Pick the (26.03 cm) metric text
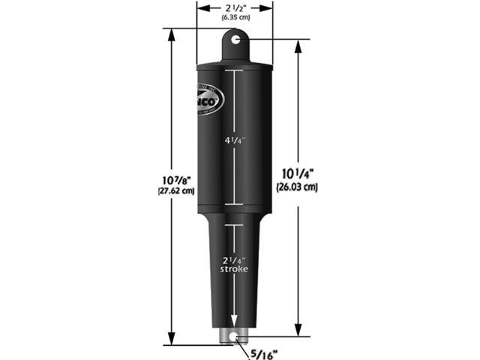(x=298, y=187)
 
